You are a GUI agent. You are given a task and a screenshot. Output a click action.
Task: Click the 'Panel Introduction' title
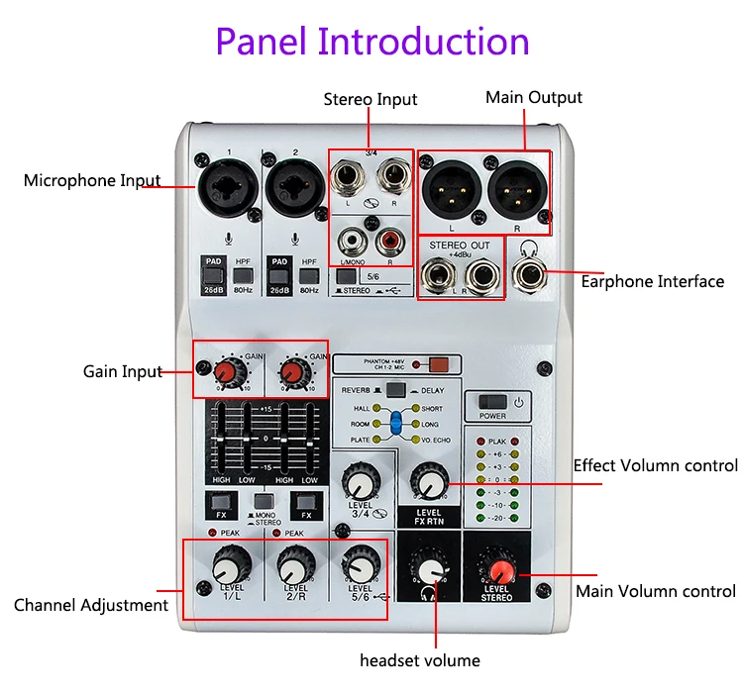(372, 42)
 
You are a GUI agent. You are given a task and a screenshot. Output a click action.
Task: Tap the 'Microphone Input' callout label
(91, 180)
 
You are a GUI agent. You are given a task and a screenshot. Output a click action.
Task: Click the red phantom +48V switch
(438, 363)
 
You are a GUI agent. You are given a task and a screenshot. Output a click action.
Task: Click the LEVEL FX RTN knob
(428, 484)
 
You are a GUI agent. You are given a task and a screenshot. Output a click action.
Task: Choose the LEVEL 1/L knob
(229, 567)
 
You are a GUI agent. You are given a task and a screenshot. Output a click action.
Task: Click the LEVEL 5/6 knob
(358, 567)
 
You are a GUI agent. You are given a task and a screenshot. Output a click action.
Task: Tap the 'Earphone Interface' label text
(652, 281)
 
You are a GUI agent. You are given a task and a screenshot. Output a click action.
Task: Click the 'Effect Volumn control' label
(655, 465)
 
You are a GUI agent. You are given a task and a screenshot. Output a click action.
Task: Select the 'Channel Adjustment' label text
(91, 605)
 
